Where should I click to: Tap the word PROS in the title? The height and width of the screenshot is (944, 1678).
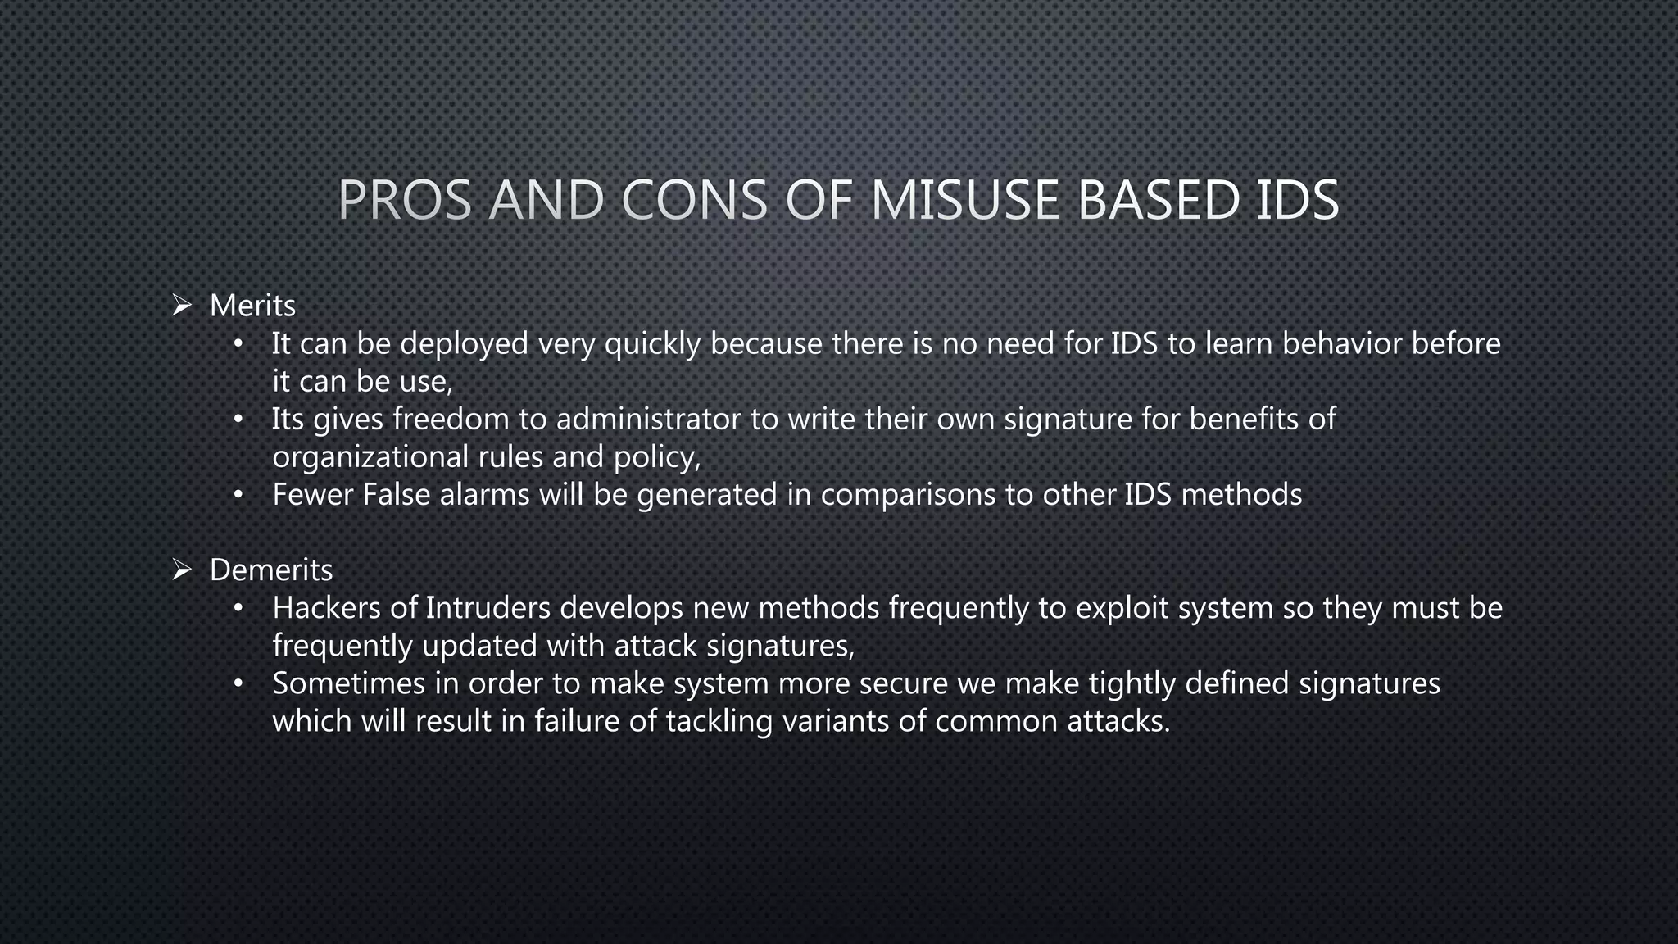click(x=405, y=200)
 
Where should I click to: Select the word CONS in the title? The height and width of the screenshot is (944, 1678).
click(x=695, y=200)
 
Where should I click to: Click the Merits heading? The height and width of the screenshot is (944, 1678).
click(x=252, y=306)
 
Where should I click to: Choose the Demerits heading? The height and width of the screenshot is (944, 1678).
click(x=271, y=570)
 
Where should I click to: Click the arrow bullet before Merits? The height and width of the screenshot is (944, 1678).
click(x=182, y=306)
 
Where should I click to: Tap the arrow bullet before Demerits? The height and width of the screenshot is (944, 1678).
click(x=182, y=570)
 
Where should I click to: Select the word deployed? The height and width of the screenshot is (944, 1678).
click(x=464, y=343)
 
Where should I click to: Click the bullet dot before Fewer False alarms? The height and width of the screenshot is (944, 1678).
click(x=238, y=495)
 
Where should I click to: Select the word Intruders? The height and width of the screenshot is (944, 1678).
click(x=488, y=607)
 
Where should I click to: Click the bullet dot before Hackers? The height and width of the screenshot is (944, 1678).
click(x=238, y=608)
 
